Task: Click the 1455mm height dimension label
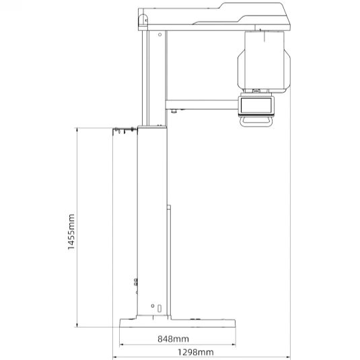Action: pos(71,231)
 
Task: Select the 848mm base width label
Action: pos(174,339)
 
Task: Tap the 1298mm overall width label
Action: pos(196,352)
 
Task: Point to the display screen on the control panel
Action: pos(256,106)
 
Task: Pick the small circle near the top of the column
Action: pos(159,35)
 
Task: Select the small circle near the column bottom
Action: pos(153,305)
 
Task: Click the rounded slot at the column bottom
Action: pos(159,308)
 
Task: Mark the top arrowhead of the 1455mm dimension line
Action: pos(77,129)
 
